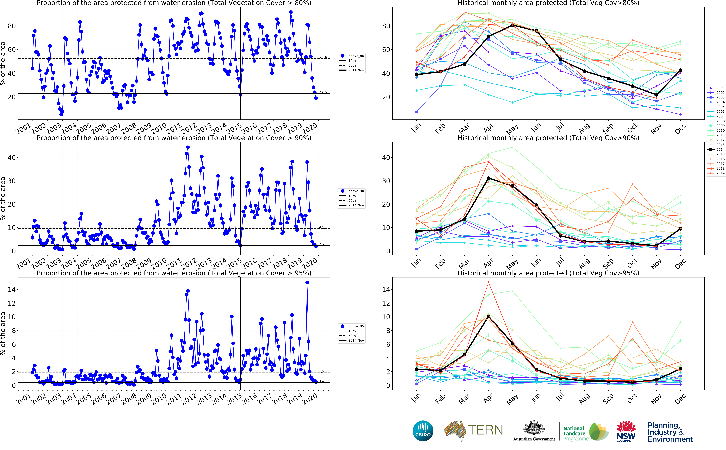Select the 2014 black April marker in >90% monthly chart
pyautogui.click(x=488, y=178)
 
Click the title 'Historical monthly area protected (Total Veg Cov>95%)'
pyautogui.click(x=548, y=273)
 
